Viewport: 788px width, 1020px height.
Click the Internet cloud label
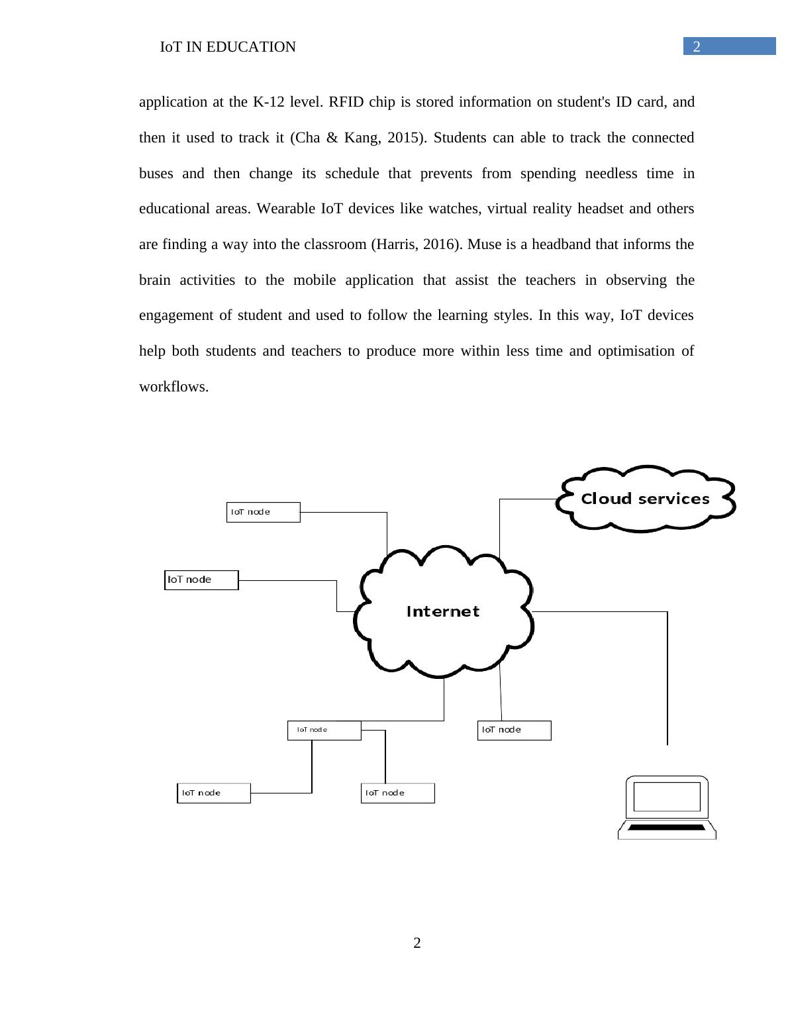pos(442,611)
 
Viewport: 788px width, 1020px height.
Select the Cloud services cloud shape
pos(645,499)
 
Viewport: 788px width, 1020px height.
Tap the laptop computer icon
pos(667,807)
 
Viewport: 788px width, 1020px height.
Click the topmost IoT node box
pos(263,512)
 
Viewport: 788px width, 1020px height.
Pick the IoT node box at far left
pos(201,580)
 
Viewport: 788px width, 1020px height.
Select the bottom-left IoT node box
pos(213,793)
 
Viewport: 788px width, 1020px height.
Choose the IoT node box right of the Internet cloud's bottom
pos(514,730)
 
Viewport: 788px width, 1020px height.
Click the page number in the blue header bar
pos(697,46)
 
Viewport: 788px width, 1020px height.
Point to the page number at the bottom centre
pos(417,943)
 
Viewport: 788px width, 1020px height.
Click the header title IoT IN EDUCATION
pos(228,47)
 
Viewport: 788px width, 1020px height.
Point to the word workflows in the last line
pos(173,387)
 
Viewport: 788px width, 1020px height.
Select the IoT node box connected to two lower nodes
pos(324,730)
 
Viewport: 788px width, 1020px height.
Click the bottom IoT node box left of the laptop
pos(397,793)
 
